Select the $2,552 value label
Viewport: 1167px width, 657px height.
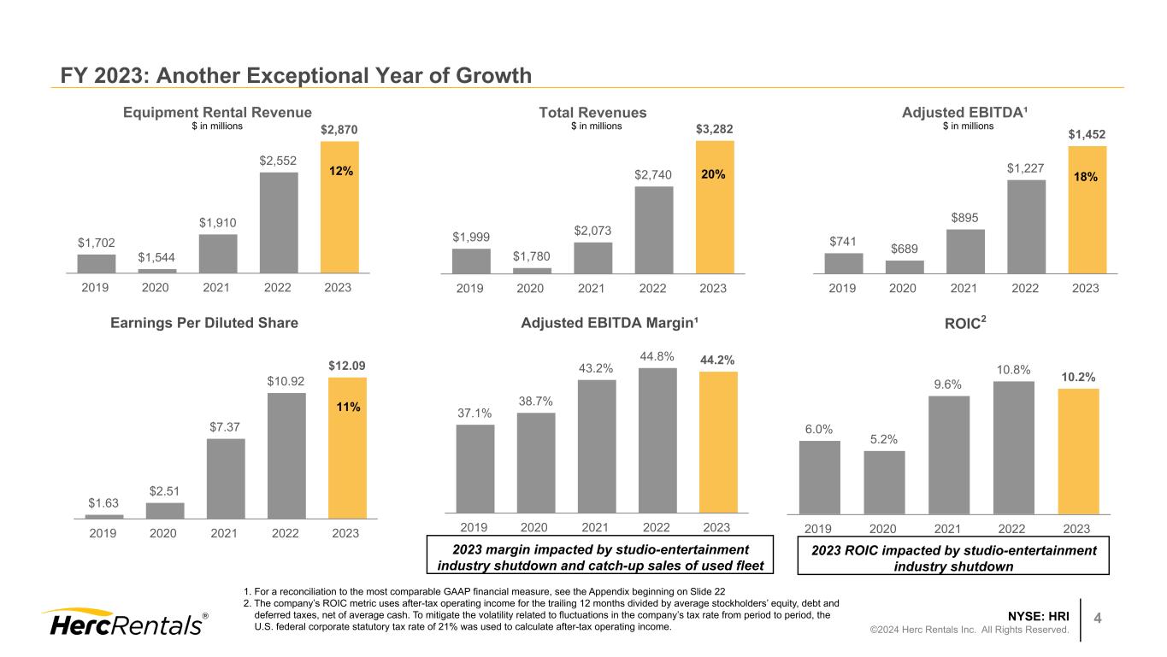[x=279, y=160]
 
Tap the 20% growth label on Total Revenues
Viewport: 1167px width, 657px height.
[x=714, y=174]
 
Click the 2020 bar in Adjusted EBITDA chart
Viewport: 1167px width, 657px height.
[x=905, y=267]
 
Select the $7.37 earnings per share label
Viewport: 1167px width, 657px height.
[x=225, y=426]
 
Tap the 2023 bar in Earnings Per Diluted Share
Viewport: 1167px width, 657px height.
[x=347, y=448]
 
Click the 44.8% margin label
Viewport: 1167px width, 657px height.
[x=657, y=356]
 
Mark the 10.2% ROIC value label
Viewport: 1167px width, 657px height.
[x=1078, y=377]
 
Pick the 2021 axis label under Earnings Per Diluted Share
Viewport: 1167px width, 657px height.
[x=223, y=534]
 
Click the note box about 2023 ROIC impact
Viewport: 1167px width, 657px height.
[x=952, y=558]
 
